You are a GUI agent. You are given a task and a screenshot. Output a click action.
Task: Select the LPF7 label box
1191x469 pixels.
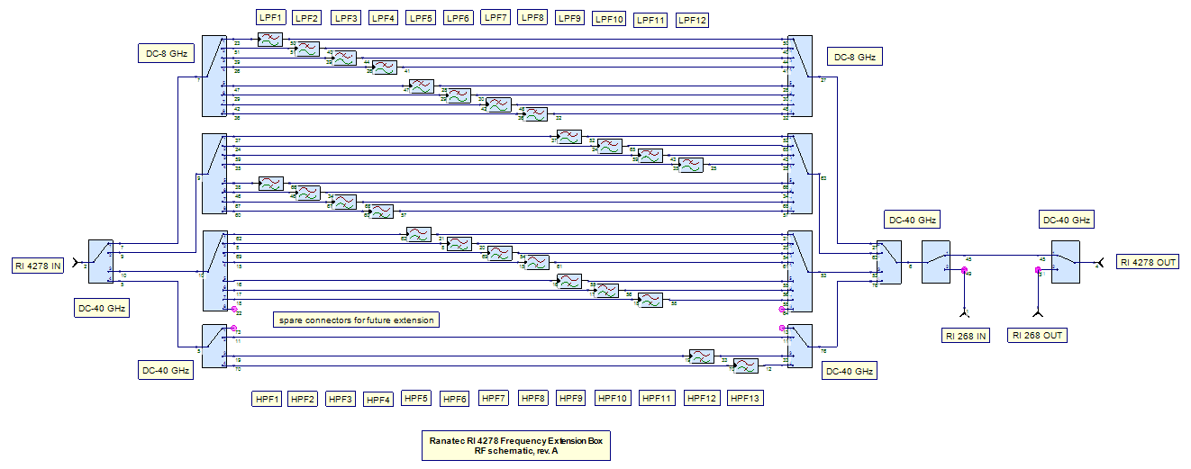[x=495, y=17]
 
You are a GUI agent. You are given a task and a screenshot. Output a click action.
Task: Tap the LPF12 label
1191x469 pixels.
[x=692, y=20]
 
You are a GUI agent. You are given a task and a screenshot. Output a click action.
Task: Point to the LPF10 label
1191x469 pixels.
[x=609, y=19]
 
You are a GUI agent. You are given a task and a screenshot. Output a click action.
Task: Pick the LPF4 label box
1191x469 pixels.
[x=383, y=18]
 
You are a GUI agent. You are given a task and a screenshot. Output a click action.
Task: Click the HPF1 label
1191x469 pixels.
[x=268, y=398]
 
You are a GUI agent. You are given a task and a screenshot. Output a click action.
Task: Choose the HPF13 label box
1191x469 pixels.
[x=745, y=398]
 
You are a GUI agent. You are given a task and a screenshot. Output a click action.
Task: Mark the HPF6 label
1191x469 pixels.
[x=454, y=398]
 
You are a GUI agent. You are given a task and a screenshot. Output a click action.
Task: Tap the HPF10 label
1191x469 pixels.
[x=612, y=398]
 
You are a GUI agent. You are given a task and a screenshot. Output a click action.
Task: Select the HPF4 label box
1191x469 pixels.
[x=377, y=399]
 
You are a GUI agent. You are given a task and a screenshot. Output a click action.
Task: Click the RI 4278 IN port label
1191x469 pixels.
[x=37, y=266]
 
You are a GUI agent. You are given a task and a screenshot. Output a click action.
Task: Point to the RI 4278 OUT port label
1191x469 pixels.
[x=1148, y=262]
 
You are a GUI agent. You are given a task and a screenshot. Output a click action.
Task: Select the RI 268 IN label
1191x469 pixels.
[x=965, y=336]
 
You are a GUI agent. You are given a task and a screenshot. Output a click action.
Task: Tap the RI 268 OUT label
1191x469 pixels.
[x=1037, y=336]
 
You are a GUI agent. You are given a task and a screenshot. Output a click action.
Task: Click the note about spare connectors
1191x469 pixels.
[x=356, y=320]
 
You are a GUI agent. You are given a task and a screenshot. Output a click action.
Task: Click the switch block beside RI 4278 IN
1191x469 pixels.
[x=101, y=262]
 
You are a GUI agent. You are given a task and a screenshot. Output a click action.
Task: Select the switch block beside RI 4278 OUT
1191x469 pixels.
[x=1065, y=263]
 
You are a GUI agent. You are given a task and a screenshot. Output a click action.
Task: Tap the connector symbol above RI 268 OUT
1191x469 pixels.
[x=1038, y=312]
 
